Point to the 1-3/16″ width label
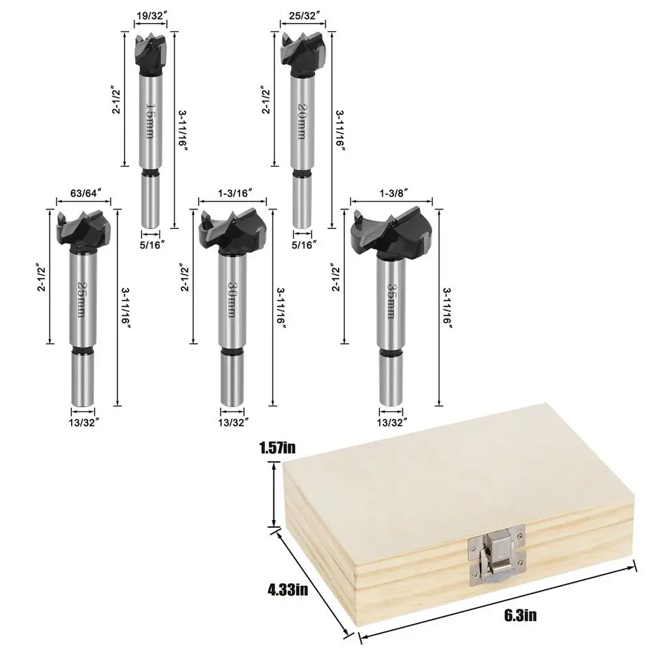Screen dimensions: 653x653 (233, 192)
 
